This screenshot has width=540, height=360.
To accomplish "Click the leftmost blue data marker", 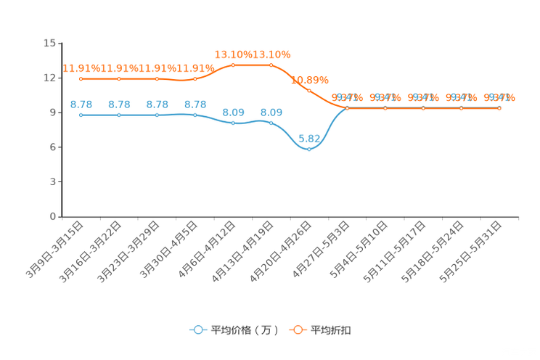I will (81, 115).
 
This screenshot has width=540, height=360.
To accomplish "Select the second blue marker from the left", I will (119, 115).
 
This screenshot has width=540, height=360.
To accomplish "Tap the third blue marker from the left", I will (157, 115).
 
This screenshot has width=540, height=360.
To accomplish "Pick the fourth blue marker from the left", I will (195, 115).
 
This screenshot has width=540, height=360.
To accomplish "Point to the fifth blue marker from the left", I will (233, 123).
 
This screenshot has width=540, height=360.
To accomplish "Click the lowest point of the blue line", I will (309, 150).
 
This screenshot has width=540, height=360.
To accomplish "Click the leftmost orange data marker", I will (81, 78).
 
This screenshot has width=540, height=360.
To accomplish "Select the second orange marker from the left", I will (119, 78).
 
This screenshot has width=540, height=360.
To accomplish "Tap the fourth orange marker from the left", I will (195, 78).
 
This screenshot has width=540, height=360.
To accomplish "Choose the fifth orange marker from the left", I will (233, 65).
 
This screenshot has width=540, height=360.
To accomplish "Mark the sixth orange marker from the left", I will (271, 65).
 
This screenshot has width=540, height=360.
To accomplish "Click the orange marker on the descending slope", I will (309, 91).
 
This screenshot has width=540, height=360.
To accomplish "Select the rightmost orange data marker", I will (499, 108).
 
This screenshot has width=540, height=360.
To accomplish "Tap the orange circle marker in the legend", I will (298, 330).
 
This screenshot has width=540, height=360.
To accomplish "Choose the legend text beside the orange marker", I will (331, 330).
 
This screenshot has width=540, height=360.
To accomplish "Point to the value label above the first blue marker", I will (81, 105).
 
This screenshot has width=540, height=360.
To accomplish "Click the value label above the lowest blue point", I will (309, 137).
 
